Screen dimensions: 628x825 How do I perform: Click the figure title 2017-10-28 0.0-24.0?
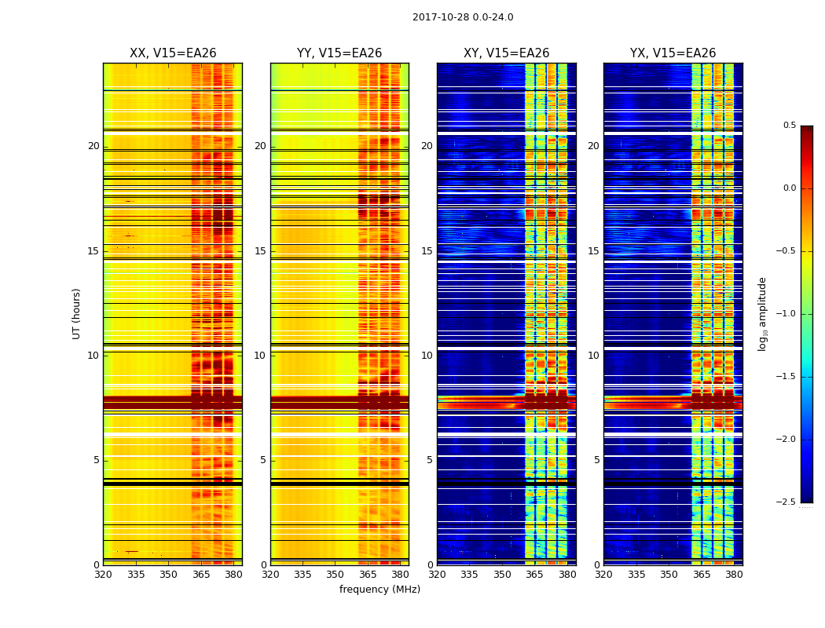(463, 17)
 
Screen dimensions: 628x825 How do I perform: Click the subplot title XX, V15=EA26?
(173, 53)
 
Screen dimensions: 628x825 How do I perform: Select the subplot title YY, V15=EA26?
(339, 53)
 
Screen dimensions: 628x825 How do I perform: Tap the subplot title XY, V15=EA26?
(506, 53)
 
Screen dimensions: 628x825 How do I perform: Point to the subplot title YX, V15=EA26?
(673, 53)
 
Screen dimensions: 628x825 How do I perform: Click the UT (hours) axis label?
(77, 313)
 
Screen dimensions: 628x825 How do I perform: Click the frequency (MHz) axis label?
(379, 590)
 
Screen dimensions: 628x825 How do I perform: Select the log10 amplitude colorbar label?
(761, 314)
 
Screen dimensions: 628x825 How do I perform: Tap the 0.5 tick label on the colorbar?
(789, 126)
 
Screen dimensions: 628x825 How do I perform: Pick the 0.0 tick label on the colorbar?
(789, 188)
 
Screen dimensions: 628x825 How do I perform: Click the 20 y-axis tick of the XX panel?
(93, 146)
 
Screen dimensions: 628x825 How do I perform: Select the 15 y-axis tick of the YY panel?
(260, 251)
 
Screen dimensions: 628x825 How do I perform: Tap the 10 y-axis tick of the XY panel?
(427, 356)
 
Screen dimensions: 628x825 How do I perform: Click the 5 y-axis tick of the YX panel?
(596, 460)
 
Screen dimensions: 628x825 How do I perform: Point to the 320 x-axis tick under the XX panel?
(103, 575)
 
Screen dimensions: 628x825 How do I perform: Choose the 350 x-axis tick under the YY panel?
(335, 575)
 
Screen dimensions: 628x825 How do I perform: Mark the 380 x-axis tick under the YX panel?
(734, 575)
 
